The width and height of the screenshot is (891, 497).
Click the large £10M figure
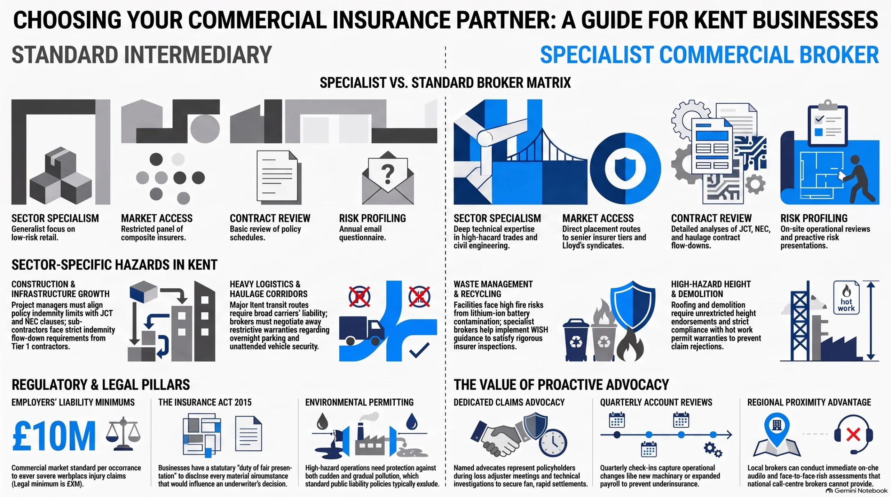click(x=54, y=435)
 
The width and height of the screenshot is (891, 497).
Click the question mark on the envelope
click(x=388, y=174)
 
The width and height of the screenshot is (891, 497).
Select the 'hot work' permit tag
click(x=846, y=298)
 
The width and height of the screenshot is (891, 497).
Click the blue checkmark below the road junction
click(x=419, y=350)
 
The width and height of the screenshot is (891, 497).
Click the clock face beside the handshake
click(x=553, y=443)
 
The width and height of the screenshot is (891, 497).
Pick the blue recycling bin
click(x=576, y=340)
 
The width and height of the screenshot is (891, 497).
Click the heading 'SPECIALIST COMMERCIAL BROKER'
click(x=709, y=55)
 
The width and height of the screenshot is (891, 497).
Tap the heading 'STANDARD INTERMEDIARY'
click(x=142, y=55)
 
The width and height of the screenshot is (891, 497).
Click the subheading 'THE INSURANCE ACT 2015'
click(x=205, y=402)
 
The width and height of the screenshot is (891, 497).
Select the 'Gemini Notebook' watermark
click(x=857, y=491)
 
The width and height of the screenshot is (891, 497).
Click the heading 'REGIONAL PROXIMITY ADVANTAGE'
click(x=809, y=402)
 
